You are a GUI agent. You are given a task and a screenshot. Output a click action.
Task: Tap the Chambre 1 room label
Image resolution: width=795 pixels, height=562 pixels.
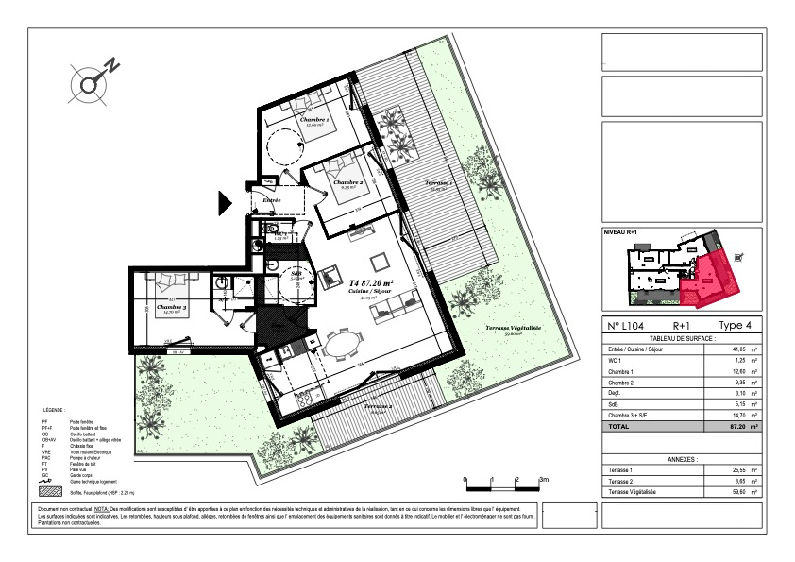click(x=314, y=121)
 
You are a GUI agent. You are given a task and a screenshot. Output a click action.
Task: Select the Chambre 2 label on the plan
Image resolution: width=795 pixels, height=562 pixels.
click(x=347, y=181)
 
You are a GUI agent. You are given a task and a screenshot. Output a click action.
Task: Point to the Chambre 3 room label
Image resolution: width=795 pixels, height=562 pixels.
click(x=171, y=307)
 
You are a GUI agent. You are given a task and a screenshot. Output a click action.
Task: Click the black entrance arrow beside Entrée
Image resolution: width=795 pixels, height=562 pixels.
click(x=226, y=202)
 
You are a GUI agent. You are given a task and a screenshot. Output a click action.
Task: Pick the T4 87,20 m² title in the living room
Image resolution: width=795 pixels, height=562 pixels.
click(x=371, y=282)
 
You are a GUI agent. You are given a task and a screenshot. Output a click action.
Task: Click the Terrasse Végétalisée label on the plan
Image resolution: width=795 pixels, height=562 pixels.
click(x=513, y=328)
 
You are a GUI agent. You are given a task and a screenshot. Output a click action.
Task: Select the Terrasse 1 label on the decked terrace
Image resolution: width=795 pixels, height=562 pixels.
click(x=439, y=181)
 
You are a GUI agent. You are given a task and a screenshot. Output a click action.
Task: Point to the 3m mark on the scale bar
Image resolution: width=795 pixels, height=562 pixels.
click(x=543, y=481)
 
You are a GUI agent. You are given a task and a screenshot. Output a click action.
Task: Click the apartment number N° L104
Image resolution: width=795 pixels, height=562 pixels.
click(x=627, y=325)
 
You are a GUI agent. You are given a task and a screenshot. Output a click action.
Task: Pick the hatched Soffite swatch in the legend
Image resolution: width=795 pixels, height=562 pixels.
click(x=50, y=492)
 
